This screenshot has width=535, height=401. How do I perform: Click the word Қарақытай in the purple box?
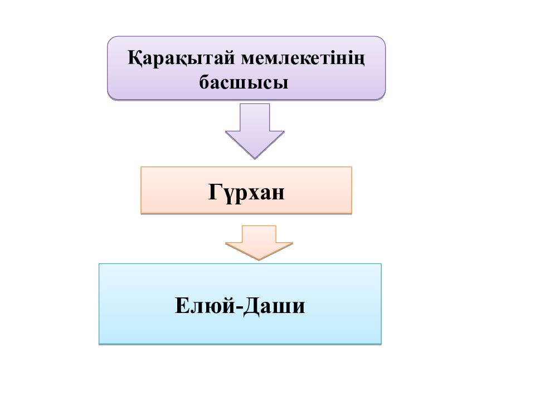[x=181, y=58]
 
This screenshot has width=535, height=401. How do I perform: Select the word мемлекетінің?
[x=303, y=58]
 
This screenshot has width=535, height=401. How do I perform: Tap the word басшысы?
[x=244, y=83]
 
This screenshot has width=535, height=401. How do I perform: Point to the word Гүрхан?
[x=246, y=193]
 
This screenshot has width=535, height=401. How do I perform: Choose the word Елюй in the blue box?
[x=205, y=305]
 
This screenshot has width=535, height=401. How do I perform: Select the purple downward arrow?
[x=255, y=131]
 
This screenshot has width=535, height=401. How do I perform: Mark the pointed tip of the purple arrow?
[x=255, y=159]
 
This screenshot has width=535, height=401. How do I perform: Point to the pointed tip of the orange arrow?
[x=259, y=260]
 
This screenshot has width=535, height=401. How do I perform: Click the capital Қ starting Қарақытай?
[x=135, y=58]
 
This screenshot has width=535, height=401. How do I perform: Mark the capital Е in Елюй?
[x=182, y=305]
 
